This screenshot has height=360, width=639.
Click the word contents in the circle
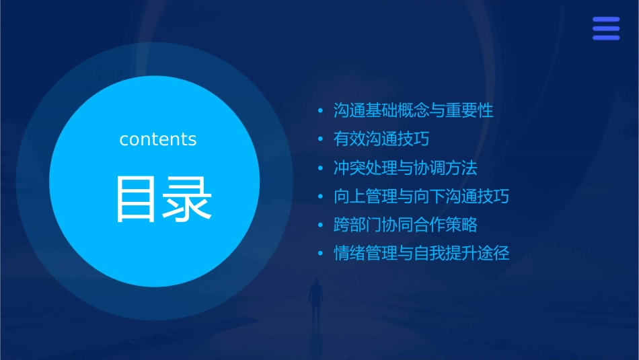point(158,139)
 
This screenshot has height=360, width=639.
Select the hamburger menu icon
point(606,28)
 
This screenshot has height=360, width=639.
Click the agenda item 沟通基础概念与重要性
point(413,110)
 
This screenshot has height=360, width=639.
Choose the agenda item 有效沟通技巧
point(381,139)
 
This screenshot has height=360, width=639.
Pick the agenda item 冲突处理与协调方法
point(405,168)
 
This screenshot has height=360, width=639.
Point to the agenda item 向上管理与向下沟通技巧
point(421,196)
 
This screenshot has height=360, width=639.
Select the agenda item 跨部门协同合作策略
point(405,225)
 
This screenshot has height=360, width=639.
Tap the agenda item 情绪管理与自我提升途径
point(421,254)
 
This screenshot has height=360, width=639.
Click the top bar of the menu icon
point(606,20)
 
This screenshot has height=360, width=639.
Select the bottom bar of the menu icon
point(606,38)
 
